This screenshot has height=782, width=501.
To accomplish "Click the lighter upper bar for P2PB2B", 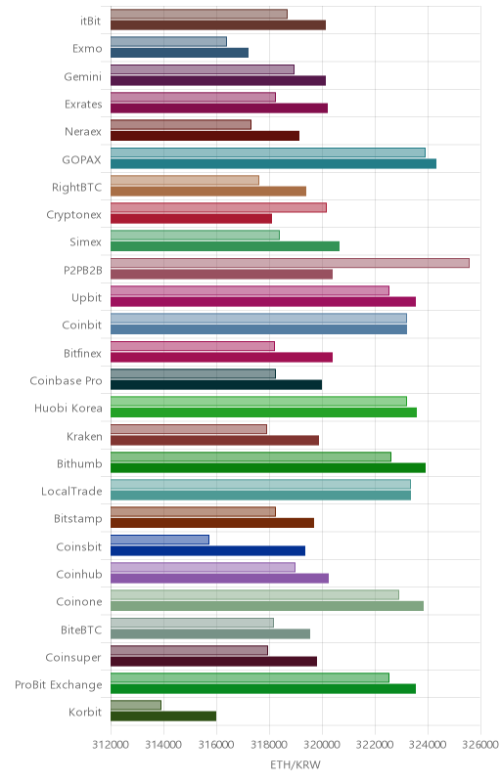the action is click(290, 263).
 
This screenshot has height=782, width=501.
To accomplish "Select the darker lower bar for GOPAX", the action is click(273, 163).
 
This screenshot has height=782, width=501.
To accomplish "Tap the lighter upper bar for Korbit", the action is click(136, 705).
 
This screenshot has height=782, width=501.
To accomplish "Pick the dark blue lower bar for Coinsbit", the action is click(208, 550).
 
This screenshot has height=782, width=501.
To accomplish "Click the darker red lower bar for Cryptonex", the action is click(191, 218).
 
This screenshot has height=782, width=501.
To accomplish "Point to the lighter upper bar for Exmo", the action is click(168, 41).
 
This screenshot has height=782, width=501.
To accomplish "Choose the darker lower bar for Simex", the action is click(225, 246).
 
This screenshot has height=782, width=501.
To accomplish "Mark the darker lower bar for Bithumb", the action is click(268, 468).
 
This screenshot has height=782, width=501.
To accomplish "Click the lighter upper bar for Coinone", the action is click(255, 594).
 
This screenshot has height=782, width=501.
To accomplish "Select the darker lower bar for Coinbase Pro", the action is click(216, 384).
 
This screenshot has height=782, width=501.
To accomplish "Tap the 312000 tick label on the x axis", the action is click(111, 745).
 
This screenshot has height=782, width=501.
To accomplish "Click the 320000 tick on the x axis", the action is click(322, 745).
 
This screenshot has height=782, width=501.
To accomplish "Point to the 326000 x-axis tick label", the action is click(480, 745).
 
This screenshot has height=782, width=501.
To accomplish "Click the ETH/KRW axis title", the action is click(296, 764).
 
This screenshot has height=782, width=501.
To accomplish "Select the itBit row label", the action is click(90, 21).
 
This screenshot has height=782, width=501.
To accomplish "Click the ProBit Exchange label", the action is click(59, 685).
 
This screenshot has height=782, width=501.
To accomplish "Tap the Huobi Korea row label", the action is click(68, 408).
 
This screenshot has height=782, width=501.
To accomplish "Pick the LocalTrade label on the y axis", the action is click(71, 492).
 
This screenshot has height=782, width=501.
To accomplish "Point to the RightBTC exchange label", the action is click(77, 187).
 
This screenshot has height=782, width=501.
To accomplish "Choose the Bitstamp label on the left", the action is click(78, 519).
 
